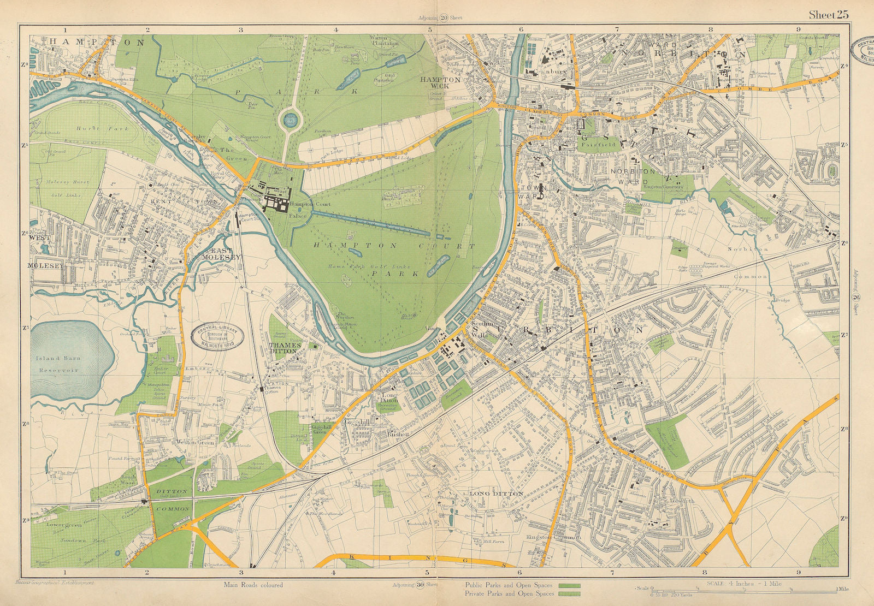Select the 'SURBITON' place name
[557, 330]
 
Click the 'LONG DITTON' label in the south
[496, 494]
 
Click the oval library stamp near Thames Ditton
[217, 334]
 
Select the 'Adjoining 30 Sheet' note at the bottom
[415, 585]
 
